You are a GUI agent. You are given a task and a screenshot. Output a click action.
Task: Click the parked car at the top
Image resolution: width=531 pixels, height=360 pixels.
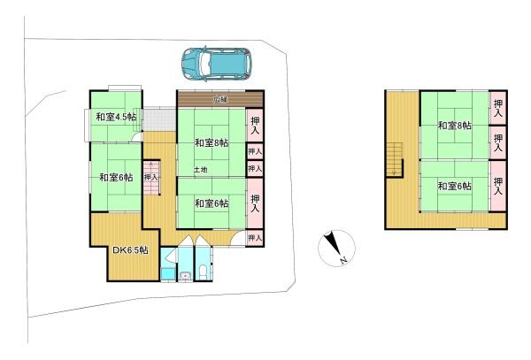(217, 62)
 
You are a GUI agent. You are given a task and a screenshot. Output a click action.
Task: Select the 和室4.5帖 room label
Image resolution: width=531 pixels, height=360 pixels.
(115, 117)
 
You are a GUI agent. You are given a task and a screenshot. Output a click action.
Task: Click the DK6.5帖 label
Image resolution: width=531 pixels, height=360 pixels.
(129, 250)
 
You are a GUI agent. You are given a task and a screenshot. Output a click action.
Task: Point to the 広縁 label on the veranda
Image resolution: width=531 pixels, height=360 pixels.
(219, 99)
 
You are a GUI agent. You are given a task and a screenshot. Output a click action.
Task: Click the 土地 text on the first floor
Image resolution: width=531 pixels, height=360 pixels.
(201, 170)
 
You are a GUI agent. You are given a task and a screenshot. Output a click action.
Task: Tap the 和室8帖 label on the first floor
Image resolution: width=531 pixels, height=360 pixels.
(212, 142)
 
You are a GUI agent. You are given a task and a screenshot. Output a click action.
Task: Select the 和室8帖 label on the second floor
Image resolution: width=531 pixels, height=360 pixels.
(453, 126)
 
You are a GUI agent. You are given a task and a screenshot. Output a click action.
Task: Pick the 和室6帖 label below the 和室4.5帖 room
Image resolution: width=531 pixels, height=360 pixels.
(116, 177)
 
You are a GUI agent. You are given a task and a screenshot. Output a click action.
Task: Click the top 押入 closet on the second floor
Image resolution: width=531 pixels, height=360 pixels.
(497, 110)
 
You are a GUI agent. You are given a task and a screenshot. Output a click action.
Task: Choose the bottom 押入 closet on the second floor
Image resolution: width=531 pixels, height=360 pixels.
(497, 185)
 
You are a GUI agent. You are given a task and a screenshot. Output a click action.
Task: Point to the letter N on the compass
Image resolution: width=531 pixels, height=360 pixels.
(342, 261)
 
